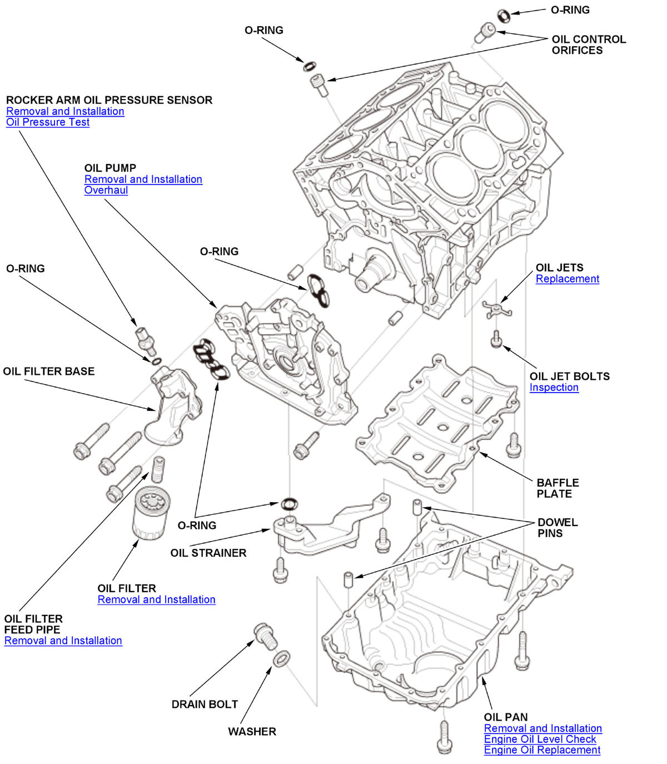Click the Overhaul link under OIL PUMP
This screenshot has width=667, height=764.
(x=106, y=190)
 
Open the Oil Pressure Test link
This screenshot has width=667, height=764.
(x=48, y=122)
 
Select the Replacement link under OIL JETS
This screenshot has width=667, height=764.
(x=567, y=279)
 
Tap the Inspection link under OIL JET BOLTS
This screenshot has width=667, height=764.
(x=554, y=388)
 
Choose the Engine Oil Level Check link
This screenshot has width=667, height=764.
(x=540, y=739)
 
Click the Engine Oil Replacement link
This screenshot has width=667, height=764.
(x=542, y=750)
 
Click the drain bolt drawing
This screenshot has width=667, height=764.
(x=265, y=636)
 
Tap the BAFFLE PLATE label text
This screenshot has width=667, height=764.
(x=558, y=488)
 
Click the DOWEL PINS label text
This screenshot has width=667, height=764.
(x=557, y=528)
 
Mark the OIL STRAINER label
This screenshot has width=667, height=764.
(x=208, y=553)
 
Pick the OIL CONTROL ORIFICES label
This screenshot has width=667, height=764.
(x=588, y=45)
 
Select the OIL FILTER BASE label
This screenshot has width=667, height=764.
(x=49, y=371)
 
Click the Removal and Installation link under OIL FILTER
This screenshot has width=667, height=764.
(x=156, y=599)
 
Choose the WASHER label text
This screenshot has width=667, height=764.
(x=252, y=731)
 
